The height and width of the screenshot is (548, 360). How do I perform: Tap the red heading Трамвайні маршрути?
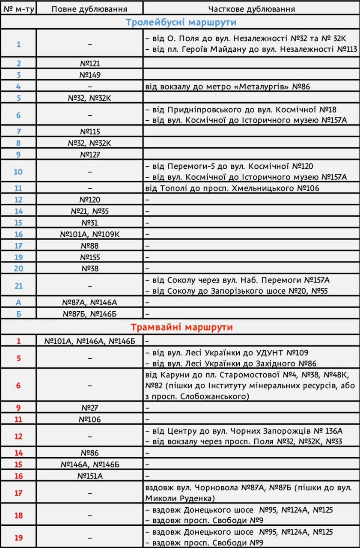pos(181,328)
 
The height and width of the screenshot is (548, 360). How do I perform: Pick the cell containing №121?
pos(90,63)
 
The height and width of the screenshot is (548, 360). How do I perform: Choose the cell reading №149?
pos(90,75)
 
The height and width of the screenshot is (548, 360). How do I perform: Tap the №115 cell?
pos(90,131)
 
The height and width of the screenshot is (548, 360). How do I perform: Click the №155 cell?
pos(90,257)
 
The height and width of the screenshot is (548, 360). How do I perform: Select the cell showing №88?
pos(90,246)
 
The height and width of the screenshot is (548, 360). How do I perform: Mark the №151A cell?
pos(90,476)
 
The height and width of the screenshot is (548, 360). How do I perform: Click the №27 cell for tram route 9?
pos(90,408)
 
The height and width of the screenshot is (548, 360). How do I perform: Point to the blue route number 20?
pos(18,268)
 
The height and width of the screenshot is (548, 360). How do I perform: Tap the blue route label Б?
pos(18,314)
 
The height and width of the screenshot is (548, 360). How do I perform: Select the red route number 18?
pos(18,515)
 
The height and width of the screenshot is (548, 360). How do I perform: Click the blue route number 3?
pos(18,75)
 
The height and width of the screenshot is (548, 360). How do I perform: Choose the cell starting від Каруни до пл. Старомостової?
pos(251,385)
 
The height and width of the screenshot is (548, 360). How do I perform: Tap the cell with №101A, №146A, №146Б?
pos(90,341)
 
